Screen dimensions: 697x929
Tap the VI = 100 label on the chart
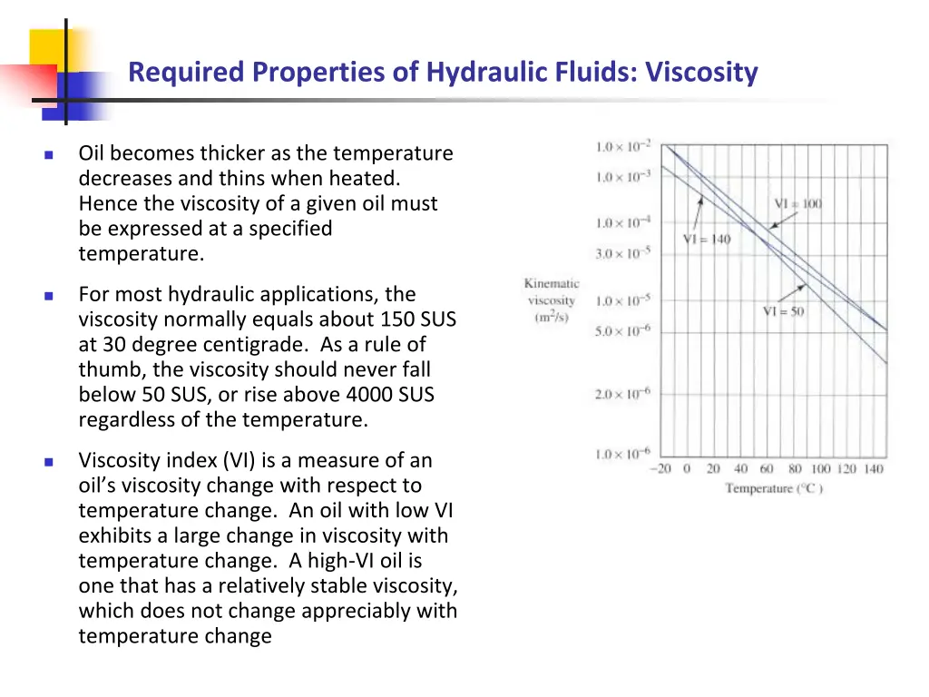pyautogui.click(x=797, y=203)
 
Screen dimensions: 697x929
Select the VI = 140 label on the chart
pyautogui.click(x=706, y=239)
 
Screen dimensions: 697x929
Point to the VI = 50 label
pyautogui.click(x=782, y=311)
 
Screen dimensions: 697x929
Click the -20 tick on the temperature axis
pyautogui.click(x=660, y=469)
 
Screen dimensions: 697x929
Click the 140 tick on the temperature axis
pyautogui.click(x=873, y=469)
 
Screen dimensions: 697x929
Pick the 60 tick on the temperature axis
pyautogui.click(x=768, y=469)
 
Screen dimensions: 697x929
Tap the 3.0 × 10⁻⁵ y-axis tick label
pyautogui.click(x=622, y=254)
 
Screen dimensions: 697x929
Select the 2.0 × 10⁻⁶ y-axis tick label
pyautogui.click(x=622, y=394)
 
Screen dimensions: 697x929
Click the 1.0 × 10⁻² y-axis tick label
pyautogui.click(x=622, y=147)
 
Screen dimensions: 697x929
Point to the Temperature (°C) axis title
pyautogui.click(x=774, y=489)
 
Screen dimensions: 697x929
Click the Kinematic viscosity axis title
pyautogui.click(x=552, y=300)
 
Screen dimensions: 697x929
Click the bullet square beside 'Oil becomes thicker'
pyautogui.click(x=49, y=154)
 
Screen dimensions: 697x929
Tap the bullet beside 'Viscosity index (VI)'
pyautogui.click(x=49, y=461)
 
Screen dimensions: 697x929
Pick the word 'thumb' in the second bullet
pyautogui.click(x=105, y=369)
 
